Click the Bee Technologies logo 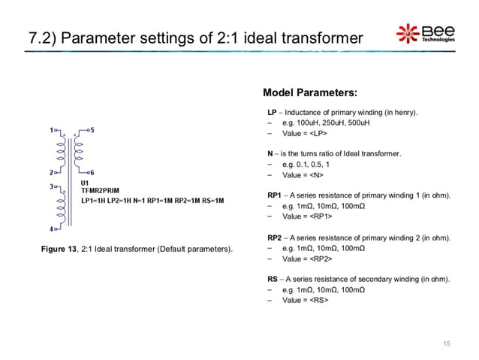tap(425, 33)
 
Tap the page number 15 tap(447, 343)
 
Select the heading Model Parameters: tap(309, 93)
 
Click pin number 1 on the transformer tap(52, 129)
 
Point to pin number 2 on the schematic tap(50, 172)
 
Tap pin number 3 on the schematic tap(50, 185)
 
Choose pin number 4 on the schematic tap(51, 228)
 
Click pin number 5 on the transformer tap(92, 129)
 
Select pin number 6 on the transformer tap(92, 172)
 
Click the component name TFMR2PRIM tap(104, 192)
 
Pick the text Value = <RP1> tap(307, 216)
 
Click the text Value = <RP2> tap(307, 259)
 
